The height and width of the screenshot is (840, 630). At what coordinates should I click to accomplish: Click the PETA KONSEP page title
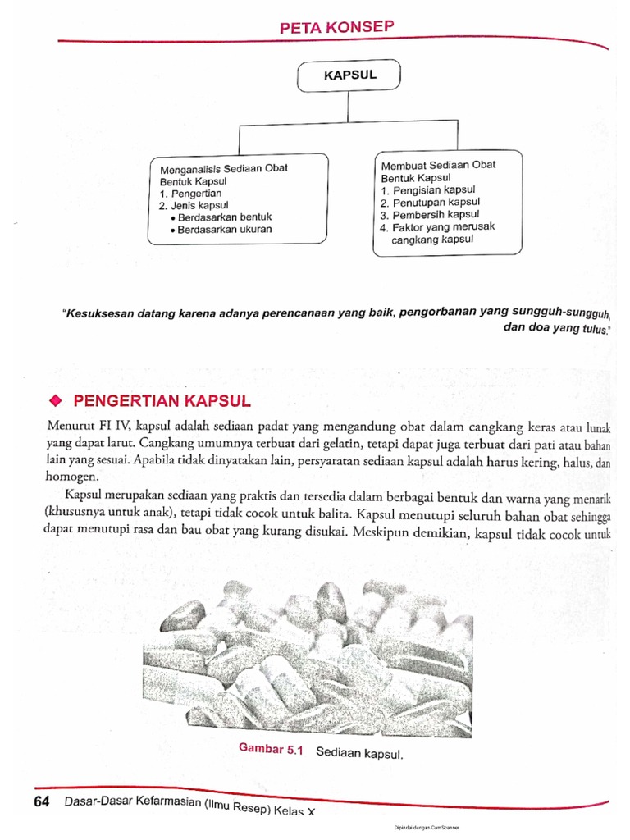coord(337,28)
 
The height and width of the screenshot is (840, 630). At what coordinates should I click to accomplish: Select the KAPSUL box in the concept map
coord(349,75)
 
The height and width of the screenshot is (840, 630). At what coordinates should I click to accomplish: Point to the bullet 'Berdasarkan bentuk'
coord(220,217)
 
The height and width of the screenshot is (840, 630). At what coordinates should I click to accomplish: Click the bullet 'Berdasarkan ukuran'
coord(220,230)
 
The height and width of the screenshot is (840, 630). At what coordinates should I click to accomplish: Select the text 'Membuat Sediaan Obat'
coord(438,165)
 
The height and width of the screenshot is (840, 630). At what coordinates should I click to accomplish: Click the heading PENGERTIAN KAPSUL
coord(162,401)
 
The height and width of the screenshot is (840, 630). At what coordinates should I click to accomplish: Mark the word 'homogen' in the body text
coord(71,476)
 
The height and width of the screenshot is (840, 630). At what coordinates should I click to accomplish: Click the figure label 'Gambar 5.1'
coord(271,748)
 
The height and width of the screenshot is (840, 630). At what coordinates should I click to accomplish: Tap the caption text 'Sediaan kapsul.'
coord(359,751)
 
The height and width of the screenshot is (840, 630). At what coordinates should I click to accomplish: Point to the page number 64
coord(43,801)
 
